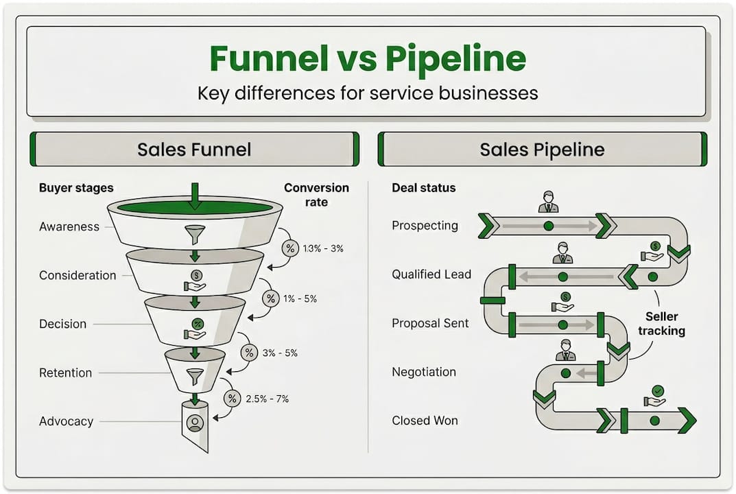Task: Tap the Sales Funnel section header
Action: click(x=194, y=150)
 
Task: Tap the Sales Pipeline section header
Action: click(x=542, y=150)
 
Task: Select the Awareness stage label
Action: click(x=69, y=226)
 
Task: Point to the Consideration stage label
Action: click(x=78, y=275)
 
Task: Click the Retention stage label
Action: click(x=65, y=373)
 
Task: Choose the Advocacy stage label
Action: click(x=66, y=421)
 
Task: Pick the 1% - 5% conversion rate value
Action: click(x=299, y=298)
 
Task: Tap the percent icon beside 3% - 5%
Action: click(x=248, y=353)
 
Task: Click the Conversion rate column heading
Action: click(x=316, y=195)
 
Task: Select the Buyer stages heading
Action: click(x=76, y=187)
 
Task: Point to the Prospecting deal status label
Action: click(x=425, y=225)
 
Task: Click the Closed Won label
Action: click(x=425, y=421)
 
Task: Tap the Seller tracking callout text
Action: click(x=661, y=323)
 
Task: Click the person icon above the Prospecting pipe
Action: click(x=548, y=202)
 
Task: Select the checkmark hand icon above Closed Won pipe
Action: click(x=655, y=396)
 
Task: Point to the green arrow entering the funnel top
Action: click(x=195, y=196)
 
